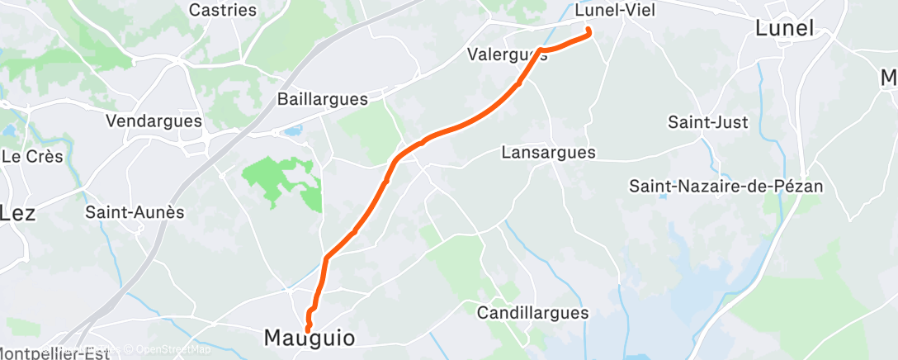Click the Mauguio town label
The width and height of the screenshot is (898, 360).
pyautogui.click(x=310, y=338)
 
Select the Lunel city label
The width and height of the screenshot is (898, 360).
pyautogui.click(x=784, y=28)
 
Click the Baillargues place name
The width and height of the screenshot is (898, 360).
pyautogui.click(x=322, y=99)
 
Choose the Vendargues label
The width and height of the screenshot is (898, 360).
pyautogui.click(x=154, y=121)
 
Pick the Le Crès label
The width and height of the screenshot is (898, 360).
pyautogui.click(x=32, y=156)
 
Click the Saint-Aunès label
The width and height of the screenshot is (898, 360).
pyautogui.click(x=135, y=212)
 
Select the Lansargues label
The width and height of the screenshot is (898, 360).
pyautogui.click(x=549, y=153)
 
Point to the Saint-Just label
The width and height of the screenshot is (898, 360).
pyautogui.click(x=707, y=122)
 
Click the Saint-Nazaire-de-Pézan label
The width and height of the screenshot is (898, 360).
pyautogui.click(x=726, y=186)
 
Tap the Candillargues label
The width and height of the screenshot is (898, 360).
pyautogui.click(x=533, y=313)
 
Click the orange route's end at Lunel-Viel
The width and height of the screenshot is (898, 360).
pyautogui.click(x=588, y=31)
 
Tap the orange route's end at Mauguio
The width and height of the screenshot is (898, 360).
pyautogui.click(x=308, y=329)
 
